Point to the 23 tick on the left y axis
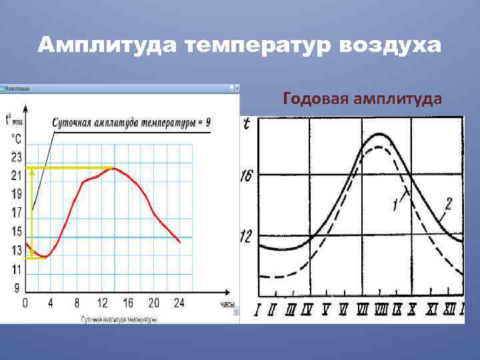point(16,157)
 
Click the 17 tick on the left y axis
point(16,213)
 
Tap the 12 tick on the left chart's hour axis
point(102,303)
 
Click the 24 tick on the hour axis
point(179,303)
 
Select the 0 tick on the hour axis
point(25,303)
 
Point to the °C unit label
point(16,139)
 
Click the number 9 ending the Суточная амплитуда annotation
point(208,123)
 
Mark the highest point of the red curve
point(113,168)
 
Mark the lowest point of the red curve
point(45,257)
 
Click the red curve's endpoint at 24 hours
point(180,242)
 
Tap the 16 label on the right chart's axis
point(246,176)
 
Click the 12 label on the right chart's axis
point(246,237)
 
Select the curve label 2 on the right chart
point(448,204)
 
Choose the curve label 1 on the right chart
point(397,206)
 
